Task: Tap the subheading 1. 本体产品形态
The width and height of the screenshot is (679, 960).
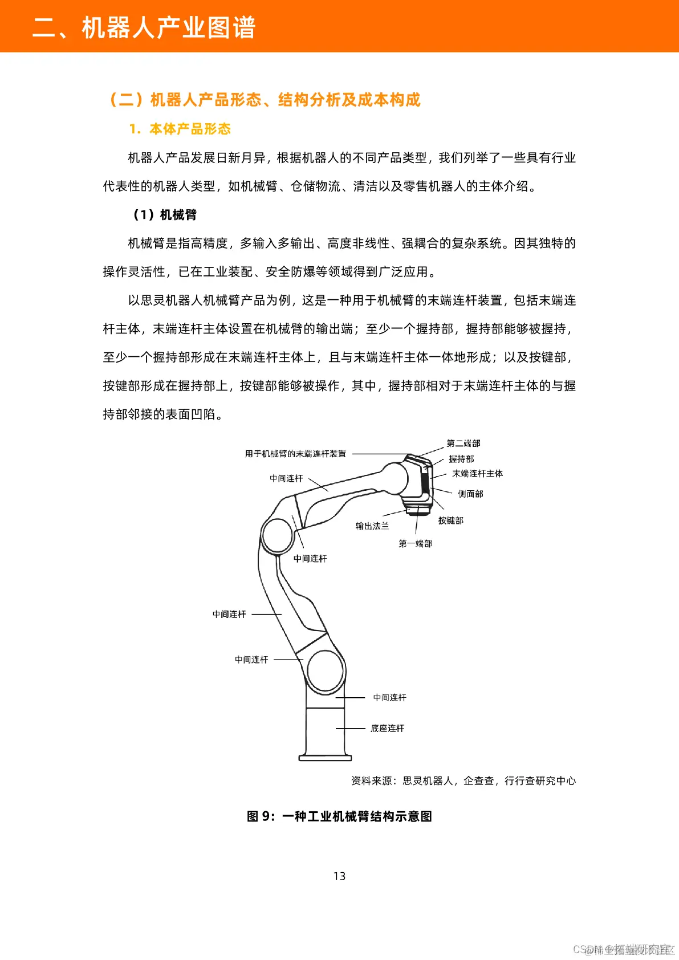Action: pyautogui.click(x=180, y=129)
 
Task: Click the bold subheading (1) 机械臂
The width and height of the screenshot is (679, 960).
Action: pyautogui.click(x=165, y=214)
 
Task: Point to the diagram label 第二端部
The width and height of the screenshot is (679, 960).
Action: pyautogui.click(x=463, y=443)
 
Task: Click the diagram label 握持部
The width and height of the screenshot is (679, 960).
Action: pyautogui.click(x=461, y=458)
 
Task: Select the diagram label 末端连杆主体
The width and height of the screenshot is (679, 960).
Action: pyautogui.click(x=477, y=473)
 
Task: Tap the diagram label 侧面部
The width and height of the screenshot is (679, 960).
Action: pyautogui.click(x=470, y=494)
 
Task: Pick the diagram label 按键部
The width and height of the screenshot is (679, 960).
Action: pyautogui.click(x=450, y=520)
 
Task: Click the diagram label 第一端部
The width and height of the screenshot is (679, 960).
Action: pyautogui.click(x=415, y=543)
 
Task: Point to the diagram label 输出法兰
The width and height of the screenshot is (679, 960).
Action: pyautogui.click(x=372, y=526)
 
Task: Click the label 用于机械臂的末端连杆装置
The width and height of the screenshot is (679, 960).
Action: pyautogui.click(x=295, y=454)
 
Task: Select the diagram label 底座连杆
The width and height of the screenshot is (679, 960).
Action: pyautogui.click(x=387, y=728)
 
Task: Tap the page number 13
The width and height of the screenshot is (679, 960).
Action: pyautogui.click(x=339, y=876)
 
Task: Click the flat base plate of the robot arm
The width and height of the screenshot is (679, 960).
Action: pyautogui.click(x=325, y=758)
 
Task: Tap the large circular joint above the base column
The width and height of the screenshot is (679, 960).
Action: pyautogui.click(x=326, y=671)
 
